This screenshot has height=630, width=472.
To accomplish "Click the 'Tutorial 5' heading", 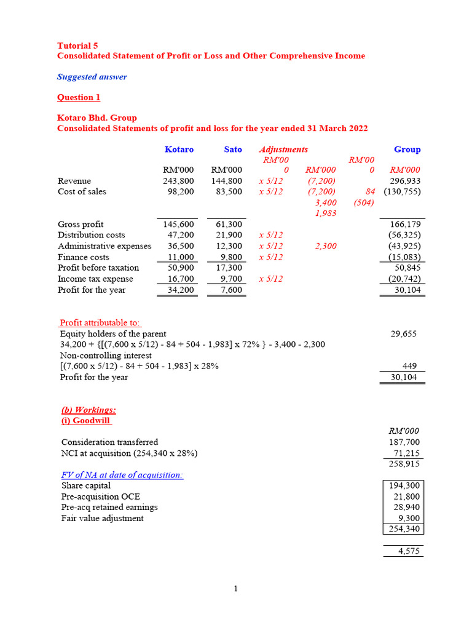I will (x=77, y=46).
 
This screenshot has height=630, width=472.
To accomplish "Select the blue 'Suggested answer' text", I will (x=92, y=77).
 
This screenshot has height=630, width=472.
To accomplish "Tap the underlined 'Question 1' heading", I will (x=79, y=97).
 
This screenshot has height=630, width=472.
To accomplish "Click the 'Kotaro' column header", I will (x=179, y=150).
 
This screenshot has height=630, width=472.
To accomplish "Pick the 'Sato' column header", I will (x=233, y=150).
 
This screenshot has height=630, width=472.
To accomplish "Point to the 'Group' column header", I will (x=407, y=150).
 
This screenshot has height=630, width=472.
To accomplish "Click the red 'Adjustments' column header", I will (x=283, y=150).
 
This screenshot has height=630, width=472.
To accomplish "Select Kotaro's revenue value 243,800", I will (x=178, y=181).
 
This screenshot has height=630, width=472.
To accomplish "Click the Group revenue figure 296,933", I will (x=405, y=181).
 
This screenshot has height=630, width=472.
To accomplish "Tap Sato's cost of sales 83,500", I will (x=227, y=191).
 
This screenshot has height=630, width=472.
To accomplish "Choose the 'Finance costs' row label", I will (x=84, y=257).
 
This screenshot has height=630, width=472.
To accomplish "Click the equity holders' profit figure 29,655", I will (x=404, y=333).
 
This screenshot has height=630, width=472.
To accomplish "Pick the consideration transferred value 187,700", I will (x=404, y=442).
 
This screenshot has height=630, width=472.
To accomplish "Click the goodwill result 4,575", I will (x=409, y=551).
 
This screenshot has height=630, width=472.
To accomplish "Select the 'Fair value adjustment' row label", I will (x=103, y=518).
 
